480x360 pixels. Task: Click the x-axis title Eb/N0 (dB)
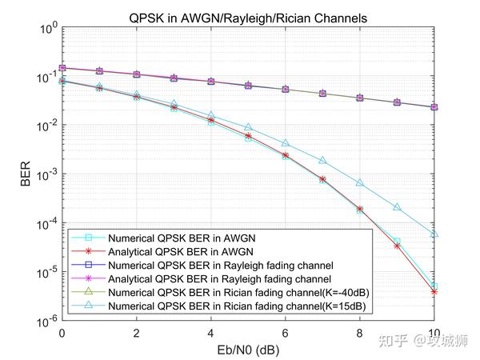click(x=248, y=350)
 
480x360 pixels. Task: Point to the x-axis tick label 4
click(x=211, y=332)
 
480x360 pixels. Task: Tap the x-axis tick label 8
click(x=360, y=332)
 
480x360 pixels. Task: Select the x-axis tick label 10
click(x=434, y=332)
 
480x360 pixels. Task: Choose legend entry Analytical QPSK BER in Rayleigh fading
click(x=220, y=279)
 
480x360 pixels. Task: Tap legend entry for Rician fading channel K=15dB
click(x=240, y=306)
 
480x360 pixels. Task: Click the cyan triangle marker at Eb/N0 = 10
click(x=434, y=234)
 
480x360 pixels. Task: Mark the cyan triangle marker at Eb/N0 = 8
click(x=360, y=183)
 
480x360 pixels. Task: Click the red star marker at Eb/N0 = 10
click(x=434, y=292)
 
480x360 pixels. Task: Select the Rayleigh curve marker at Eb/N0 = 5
click(x=248, y=85)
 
